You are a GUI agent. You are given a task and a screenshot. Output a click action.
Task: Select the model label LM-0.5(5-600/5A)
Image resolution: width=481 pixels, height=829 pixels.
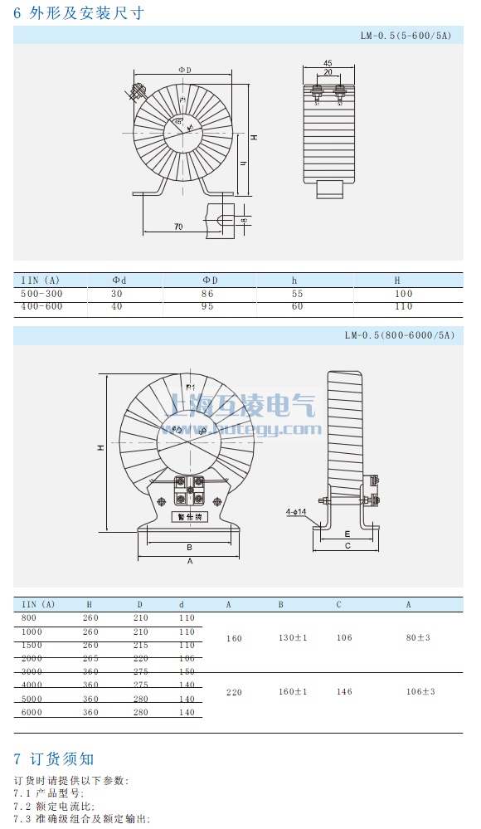tap(406, 36)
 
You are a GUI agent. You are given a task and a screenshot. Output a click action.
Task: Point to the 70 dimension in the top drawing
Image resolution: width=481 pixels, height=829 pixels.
tap(178, 226)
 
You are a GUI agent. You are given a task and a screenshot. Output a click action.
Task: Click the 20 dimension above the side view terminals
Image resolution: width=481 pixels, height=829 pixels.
tap(328, 73)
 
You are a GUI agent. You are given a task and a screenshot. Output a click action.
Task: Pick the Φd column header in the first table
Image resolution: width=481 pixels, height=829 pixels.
tap(119, 280)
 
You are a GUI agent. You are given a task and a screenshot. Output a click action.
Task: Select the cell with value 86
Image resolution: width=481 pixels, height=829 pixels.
tap(207, 294)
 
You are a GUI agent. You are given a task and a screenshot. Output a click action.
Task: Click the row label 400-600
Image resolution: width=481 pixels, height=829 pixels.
tap(41, 307)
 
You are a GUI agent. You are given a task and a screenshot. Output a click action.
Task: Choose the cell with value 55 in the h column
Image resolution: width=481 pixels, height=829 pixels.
tap(298, 294)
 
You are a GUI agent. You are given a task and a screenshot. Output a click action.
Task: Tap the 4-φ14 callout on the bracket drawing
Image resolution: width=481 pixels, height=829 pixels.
tap(296, 512)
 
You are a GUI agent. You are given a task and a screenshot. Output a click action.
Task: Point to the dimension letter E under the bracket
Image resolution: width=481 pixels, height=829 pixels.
tap(347, 534)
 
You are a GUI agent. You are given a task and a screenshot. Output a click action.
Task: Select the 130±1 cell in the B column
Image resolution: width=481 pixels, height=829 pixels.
tap(293, 638)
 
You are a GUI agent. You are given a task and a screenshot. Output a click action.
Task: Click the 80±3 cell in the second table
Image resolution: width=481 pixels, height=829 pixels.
tap(418, 638)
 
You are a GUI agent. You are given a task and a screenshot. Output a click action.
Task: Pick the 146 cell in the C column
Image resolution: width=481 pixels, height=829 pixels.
tap(344, 691)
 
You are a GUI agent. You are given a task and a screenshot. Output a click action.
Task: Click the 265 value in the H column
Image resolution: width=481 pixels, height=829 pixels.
tap(91, 658)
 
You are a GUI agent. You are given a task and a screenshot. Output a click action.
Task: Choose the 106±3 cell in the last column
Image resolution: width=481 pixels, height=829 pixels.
tap(420, 691)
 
